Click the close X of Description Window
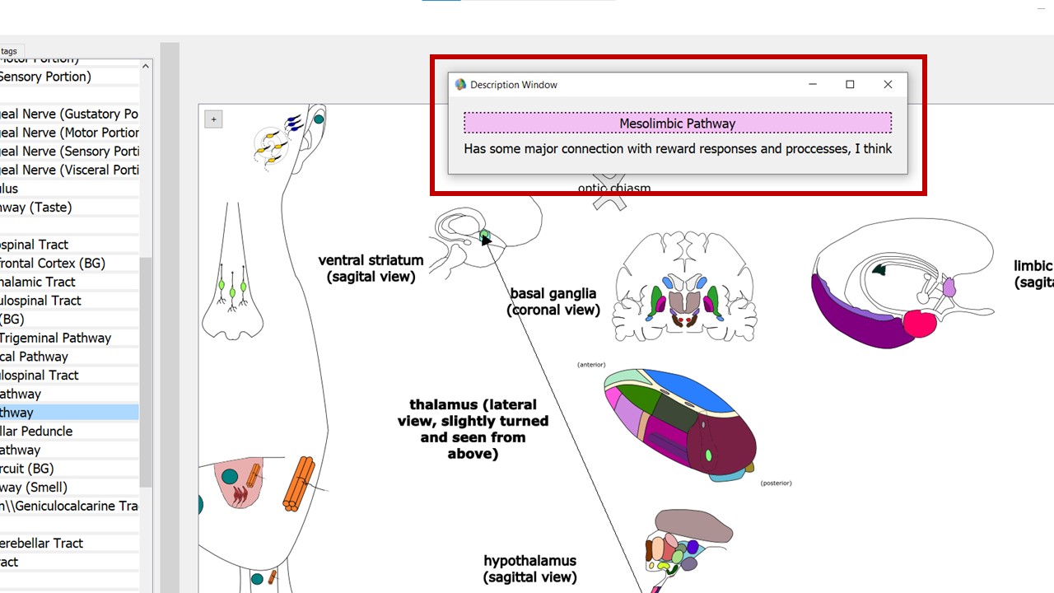coord(888,84)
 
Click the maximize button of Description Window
coord(850,84)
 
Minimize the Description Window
coord(813,84)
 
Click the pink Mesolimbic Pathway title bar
coord(677,124)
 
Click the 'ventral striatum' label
coord(371,261)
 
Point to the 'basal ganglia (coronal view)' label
coord(553,301)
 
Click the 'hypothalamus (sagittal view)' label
coord(529,568)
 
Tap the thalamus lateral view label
coord(473,429)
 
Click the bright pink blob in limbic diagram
coord(920,324)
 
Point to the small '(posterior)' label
coord(776,483)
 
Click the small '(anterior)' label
coord(591,364)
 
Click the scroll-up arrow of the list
coord(146,66)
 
